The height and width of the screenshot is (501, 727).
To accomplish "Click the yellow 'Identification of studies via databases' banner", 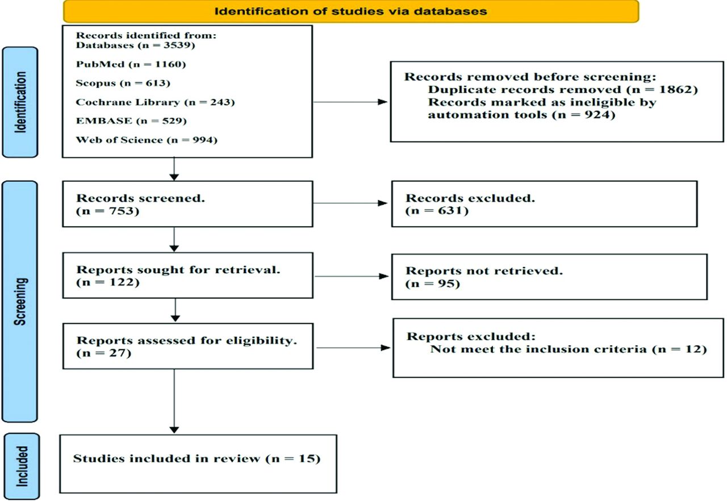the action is pyautogui.click(x=351, y=11).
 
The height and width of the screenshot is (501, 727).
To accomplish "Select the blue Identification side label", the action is pyautogui.click(x=20, y=102).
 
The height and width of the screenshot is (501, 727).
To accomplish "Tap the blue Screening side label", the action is pyautogui.click(x=20, y=302).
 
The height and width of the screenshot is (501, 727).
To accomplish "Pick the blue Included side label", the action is pyautogui.click(x=22, y=466).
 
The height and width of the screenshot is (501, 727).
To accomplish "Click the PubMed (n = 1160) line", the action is pyautogui.click(x=131, y=64).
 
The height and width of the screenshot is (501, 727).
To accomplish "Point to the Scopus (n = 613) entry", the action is pyautogui.click(x=123, y=83).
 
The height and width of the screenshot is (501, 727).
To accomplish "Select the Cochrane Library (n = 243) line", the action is pyautogui.click(x=155, y=102).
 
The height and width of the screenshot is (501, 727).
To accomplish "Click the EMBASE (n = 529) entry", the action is pyautogui.click(x=131, y=121).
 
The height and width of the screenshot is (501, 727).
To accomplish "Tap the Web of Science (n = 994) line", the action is pyautogui.click(x=147, y=140).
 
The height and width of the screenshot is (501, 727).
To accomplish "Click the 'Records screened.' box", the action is pyautogui.click(x=187, y=204).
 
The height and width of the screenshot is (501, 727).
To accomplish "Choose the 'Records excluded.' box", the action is pyautogui.click(x=544, y=204).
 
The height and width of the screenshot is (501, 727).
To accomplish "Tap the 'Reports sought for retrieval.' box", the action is pyautogui.click(x=188, y=275).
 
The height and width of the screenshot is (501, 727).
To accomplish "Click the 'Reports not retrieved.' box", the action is pyautogui.click(x=549, y=277).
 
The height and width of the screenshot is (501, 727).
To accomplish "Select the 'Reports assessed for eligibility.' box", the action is pyautogui.click(x=188, y=346).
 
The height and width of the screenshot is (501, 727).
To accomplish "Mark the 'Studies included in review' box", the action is pyautogui.click(x=198, y=464).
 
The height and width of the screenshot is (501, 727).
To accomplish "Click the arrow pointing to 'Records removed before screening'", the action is pyautogui.click(x=350, y=102).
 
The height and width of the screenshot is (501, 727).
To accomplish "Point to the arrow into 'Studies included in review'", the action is pyautogui.click(x=174, y=401).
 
